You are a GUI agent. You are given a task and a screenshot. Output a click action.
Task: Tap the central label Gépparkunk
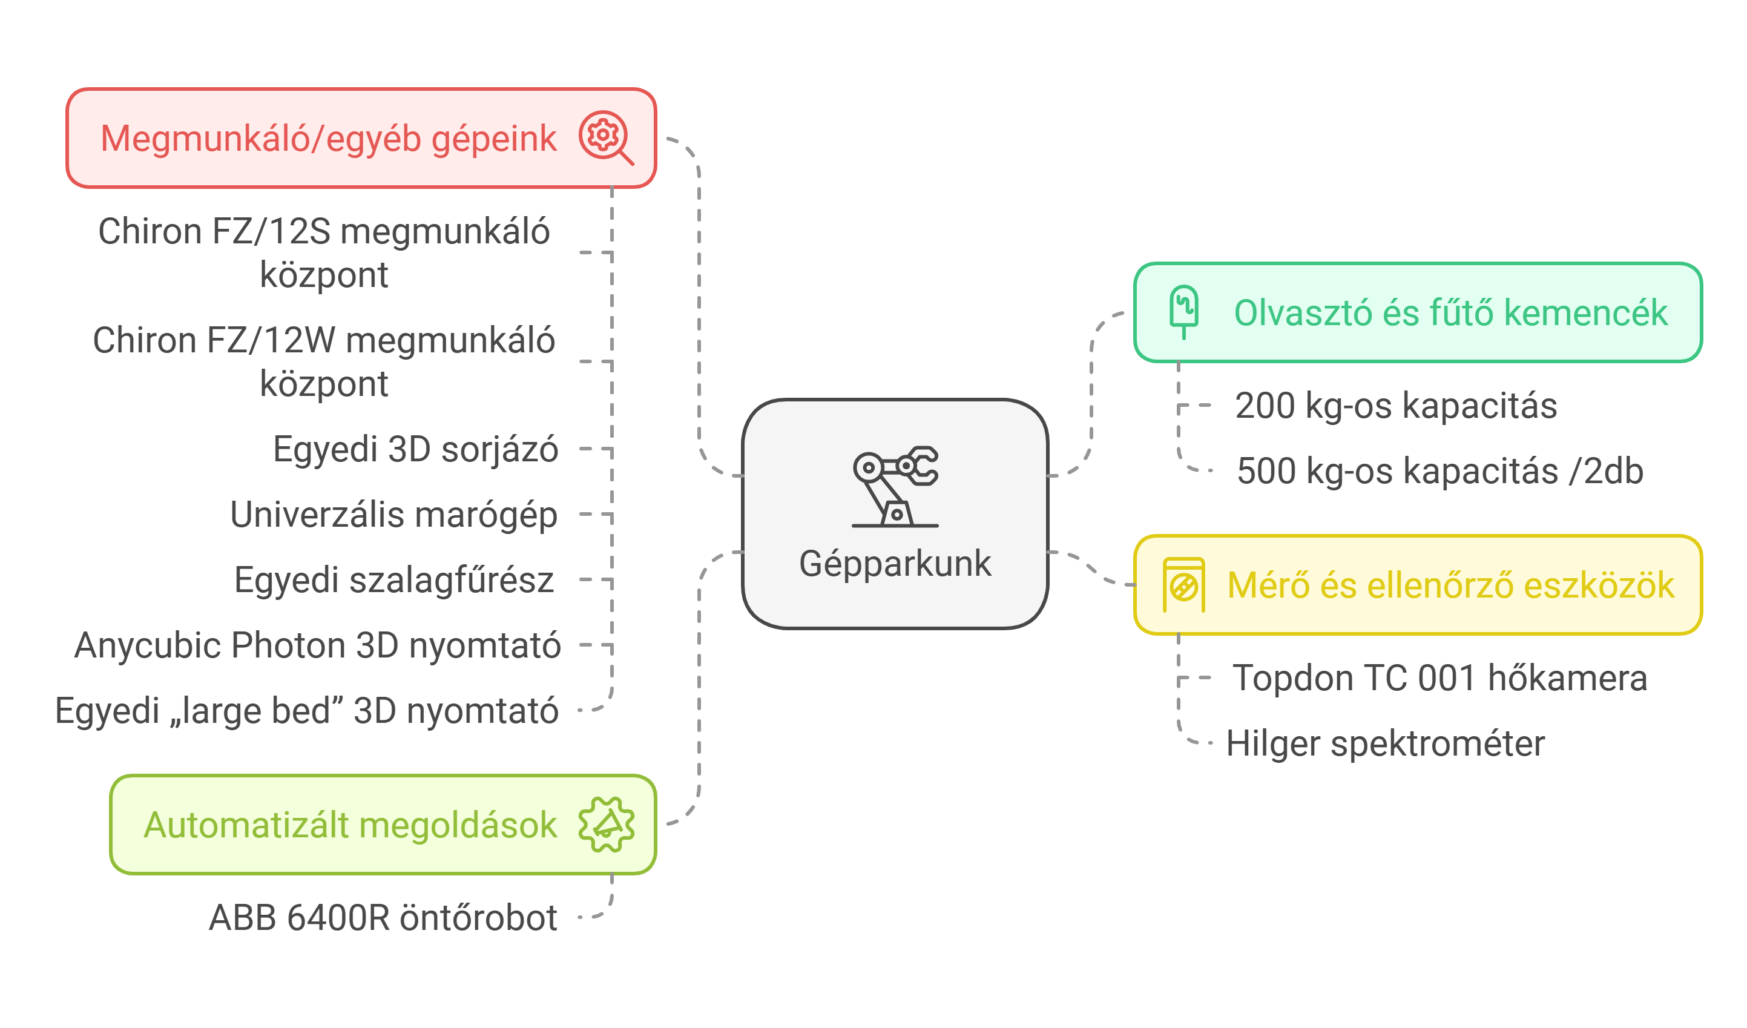pyautogui.click(x=895, y=563)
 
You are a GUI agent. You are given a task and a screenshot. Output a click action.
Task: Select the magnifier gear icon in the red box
pyautogui.click(x=605, y=137)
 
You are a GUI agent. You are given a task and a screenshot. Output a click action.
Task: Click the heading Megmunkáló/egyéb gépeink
pyautogui.click(x=328, y=139)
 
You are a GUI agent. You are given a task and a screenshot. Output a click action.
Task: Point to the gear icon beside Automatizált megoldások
pyautogui.click(x=606, y=824)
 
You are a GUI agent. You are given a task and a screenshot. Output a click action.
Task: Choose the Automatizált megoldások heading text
pyautogui.click(x=350, y=825)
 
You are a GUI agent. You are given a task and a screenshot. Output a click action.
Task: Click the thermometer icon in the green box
pyautogui.click(x=1183, y=311)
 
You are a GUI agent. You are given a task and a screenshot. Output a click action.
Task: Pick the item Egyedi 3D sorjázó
pyautogui.click(x=415, y=449)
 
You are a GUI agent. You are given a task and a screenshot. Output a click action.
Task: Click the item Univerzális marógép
pyautogui.click(x=393, y=515)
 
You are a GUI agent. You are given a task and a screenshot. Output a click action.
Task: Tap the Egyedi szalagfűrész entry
pyautogui.click(x=393, y=579)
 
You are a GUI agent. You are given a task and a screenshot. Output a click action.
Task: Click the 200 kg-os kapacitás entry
pyautogui.click(x=1395, y=406)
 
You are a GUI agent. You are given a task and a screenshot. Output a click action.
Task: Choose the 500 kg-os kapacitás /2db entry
pyautogui.click(x=1440, y=472)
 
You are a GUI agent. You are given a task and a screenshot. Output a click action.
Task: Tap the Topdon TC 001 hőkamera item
pyautogui.click(x=1439, y=678)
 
